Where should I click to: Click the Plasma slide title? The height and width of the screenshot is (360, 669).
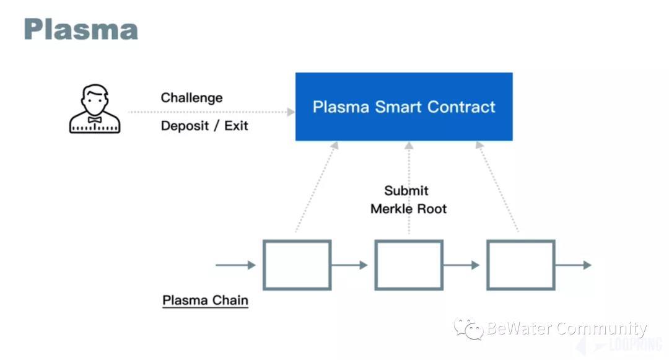click(x=81, y=29)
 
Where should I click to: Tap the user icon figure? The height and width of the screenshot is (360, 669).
click(x=94, y=110)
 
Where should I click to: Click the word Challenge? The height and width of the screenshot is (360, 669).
click(x=191, y=98)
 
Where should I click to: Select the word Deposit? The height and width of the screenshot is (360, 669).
click(x=185, y=126)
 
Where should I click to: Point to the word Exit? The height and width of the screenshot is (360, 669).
click(x=236, y=126)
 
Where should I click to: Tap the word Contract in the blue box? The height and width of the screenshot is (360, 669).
click(x=461, y=107)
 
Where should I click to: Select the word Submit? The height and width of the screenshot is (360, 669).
click(x=406, y=191)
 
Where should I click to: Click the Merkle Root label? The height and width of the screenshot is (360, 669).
click(x=408, y=209)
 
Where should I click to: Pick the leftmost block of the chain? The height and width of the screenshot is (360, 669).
click(x=297, y=265)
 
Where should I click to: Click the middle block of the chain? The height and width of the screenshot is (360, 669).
click(x=409, y=265)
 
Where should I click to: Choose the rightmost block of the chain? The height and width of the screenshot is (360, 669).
click(x=520, y=265)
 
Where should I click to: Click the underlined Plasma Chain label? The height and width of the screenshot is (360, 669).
click(x=205, y=301)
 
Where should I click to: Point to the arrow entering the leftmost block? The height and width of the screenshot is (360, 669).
click(x=235, y=265)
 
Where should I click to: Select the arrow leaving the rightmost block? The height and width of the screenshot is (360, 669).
click(x=573, y=265)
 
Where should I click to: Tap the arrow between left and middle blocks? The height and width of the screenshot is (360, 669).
click(x=349, y=265)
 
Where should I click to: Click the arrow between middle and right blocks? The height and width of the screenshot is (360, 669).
click(x=461, y=265)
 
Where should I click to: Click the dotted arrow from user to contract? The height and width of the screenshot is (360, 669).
click(x=211, y=112)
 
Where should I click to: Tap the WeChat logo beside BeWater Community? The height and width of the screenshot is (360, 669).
click(x=468, y=328)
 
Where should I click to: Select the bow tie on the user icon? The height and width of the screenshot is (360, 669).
click(x=94, y=119)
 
